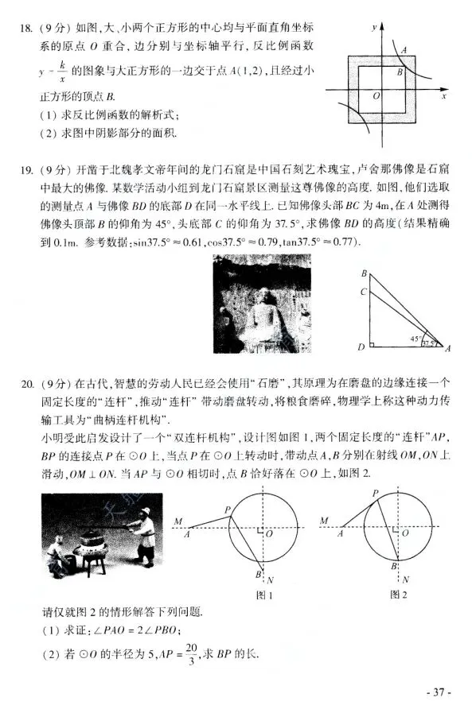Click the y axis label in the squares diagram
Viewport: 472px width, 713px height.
click(373, 26)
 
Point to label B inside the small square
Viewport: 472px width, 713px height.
click(400, 72)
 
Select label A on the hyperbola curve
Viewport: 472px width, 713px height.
click(404, 49)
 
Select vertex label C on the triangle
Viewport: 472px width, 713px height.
click(363, 292)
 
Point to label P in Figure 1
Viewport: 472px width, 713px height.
click(228, 510)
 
